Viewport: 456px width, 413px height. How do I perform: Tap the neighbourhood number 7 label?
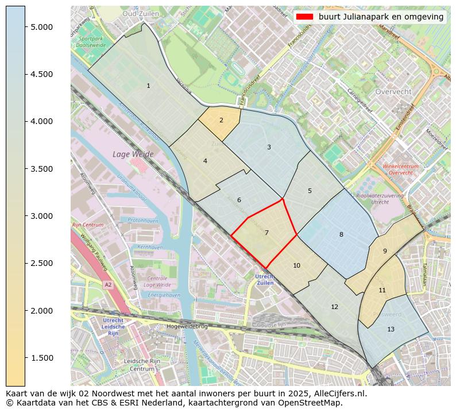coord(266,233)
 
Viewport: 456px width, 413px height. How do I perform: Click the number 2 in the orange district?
coord(221,120)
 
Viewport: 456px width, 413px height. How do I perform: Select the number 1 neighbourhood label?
coord(148,86)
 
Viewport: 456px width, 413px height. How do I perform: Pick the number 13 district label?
coord(391,329)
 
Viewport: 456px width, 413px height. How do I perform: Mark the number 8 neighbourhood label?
coord(341,234)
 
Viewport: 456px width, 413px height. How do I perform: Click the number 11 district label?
coord(382,290)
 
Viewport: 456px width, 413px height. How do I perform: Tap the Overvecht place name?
coord(393,91)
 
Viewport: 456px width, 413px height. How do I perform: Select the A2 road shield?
coord(107,284)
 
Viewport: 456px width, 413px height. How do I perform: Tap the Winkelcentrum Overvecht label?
coord(400,169)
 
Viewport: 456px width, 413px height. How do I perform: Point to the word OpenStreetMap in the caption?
coord(312,403)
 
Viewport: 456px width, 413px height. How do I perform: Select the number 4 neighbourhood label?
coord(205,161)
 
